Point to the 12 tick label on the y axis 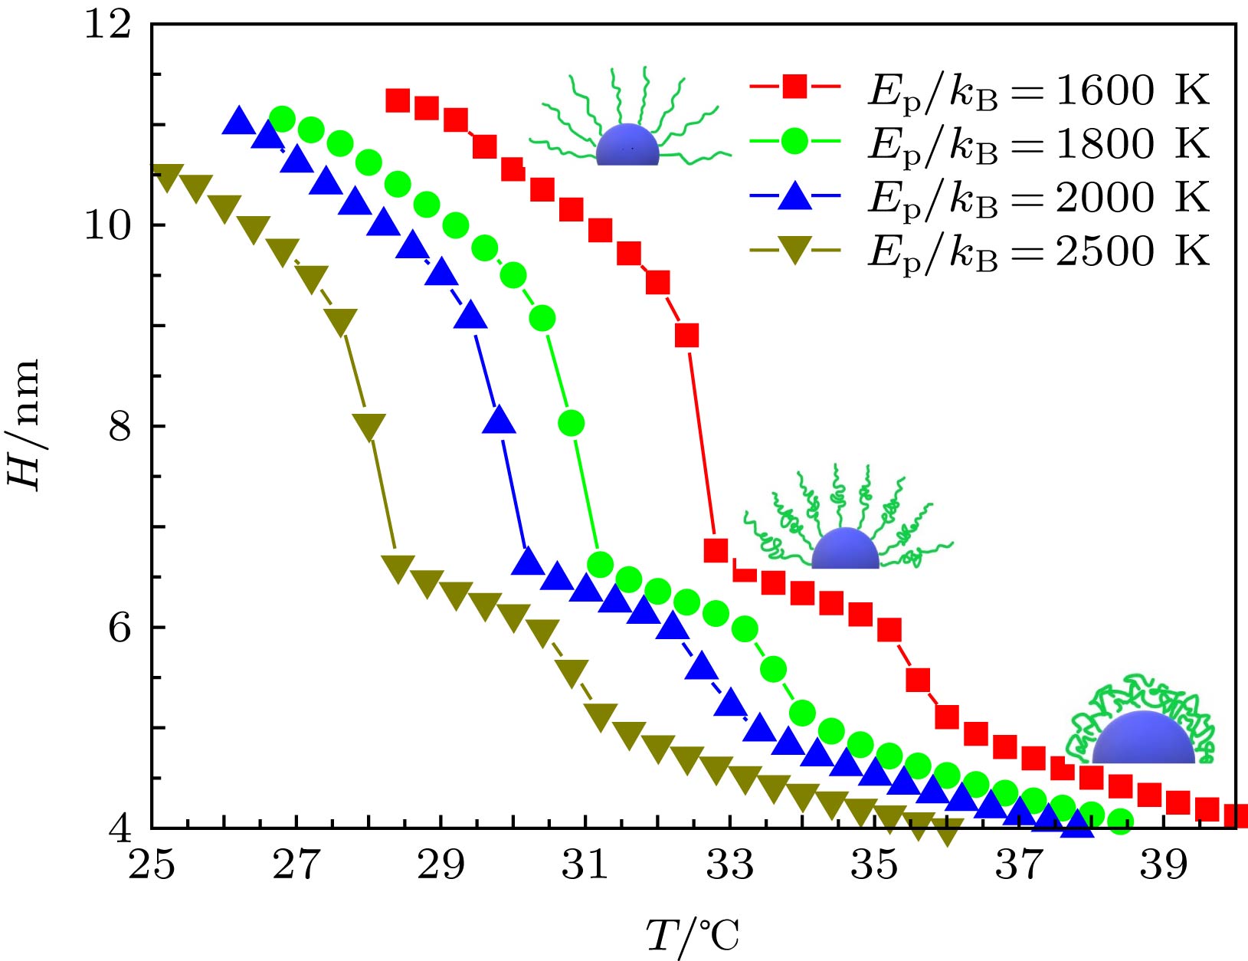107,25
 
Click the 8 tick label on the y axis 120,426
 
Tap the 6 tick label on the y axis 120,628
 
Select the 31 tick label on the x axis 585,865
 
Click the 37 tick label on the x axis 1019,865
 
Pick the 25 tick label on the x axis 151,865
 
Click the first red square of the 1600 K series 398,100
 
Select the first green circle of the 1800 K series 283,119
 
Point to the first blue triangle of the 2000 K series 238,121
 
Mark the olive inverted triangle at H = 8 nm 369,426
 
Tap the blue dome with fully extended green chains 627,146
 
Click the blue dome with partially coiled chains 844,549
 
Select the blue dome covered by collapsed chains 1142,738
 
